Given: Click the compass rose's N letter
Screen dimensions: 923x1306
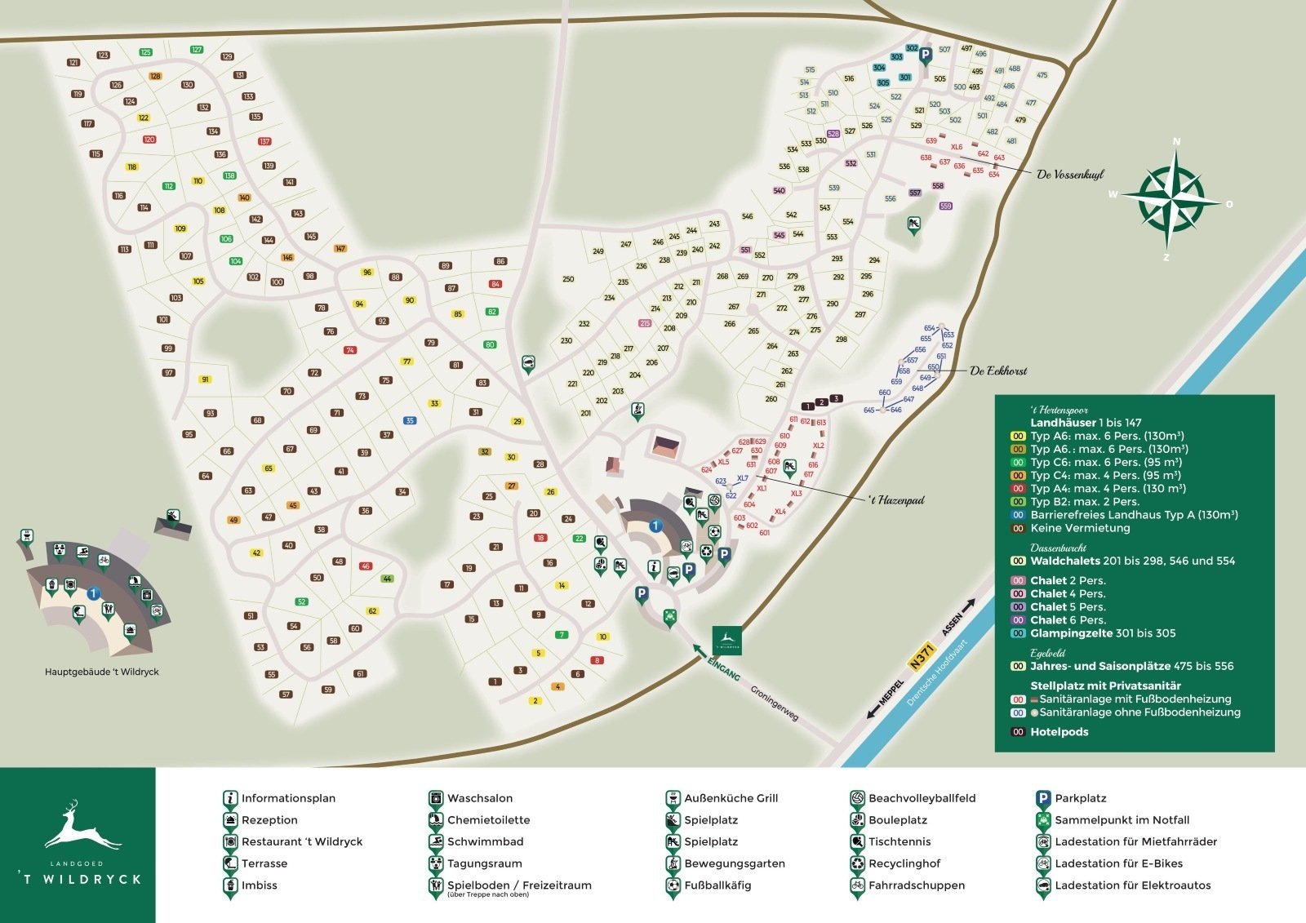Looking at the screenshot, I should (x=1176, y=141).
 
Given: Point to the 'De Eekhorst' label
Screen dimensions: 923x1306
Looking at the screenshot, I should (x=997, y=371).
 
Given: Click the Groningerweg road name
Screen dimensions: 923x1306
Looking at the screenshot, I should (x=775, y=701).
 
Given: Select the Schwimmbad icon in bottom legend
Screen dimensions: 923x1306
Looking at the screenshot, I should (x=436, y=842).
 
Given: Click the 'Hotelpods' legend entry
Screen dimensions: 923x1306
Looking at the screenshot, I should (x=1059, y=732).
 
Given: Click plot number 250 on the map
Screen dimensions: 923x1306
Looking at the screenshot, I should (x=568, y=279).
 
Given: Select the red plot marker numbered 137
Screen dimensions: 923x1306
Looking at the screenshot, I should (x=264, y=141).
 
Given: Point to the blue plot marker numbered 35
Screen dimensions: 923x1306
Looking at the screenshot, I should (x=410, y=421).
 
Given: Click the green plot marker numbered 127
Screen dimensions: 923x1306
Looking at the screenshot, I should (x=197, y=50).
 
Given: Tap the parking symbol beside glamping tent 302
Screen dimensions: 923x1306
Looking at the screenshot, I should (x=926, y=55).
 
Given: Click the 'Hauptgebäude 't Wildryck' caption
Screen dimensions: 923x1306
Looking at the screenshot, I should (x=102, y=672).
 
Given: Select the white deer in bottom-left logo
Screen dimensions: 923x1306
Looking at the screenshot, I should (x=82, y=828).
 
